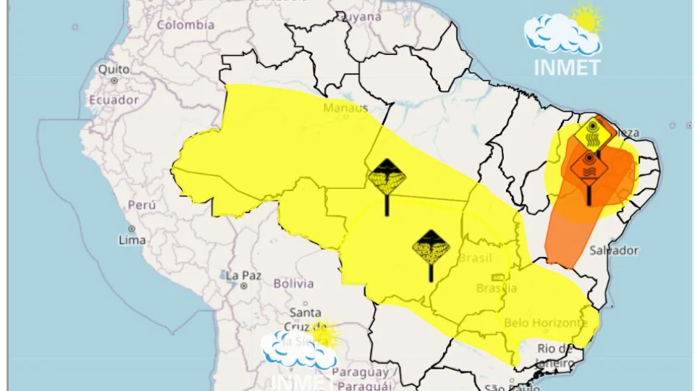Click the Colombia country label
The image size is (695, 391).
click(x=186, y=25)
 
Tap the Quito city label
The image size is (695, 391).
click(x=113, y=70)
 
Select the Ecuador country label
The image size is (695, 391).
click(x=113, y=100)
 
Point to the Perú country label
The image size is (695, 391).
click(x=142, y=205)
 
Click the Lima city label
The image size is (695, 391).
click(x=132, y=240)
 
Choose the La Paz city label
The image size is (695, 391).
click(x=242, y=275)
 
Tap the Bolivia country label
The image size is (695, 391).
click(x=292, y=284)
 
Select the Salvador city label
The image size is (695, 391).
click(x=614, y=251)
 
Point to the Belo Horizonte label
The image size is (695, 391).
click(x=544, y=323)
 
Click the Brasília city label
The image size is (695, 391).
click(x=497, y=288)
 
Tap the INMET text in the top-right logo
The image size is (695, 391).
click(x=567, y=67)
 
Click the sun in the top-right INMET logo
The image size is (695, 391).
click(x=587, y=18)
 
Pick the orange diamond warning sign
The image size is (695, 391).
click(x=589, y=167)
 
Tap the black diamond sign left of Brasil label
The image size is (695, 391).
click(x=431, y=247)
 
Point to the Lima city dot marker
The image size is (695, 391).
click(x=122, y=228)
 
